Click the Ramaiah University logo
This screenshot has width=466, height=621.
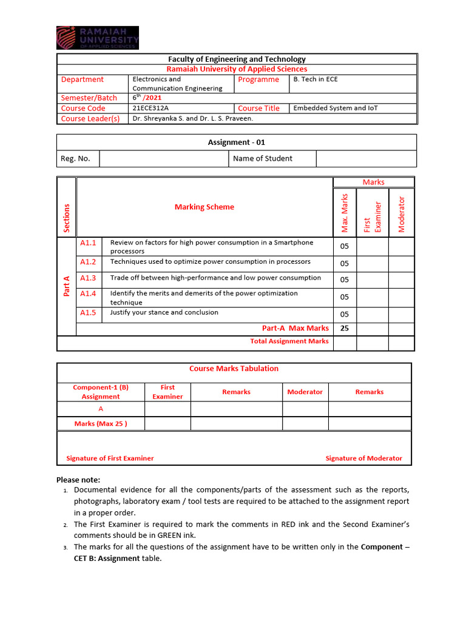point(98,38)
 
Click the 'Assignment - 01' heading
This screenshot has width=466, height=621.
point(237,143)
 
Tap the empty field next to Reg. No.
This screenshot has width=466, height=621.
point(164,159)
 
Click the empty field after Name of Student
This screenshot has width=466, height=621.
point(366,159)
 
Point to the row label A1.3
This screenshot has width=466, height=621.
point(88,278)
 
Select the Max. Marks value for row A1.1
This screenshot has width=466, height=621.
point(344,247)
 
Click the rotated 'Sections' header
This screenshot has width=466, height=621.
point(67,218)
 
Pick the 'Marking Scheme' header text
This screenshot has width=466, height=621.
point(204,207)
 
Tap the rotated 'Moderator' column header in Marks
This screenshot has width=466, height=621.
point(401,213)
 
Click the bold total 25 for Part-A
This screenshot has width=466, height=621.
point(344,328)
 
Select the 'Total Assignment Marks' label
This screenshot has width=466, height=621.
point(289,341)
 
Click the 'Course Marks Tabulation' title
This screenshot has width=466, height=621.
point(234,368)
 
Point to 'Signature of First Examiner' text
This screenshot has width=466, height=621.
point(110,458)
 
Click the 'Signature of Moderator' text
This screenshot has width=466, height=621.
point(363,458)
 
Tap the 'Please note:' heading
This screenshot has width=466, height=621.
point(78,480)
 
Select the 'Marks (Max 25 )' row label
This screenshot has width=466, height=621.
point(101,423)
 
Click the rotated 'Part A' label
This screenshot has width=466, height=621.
point(67,286)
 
